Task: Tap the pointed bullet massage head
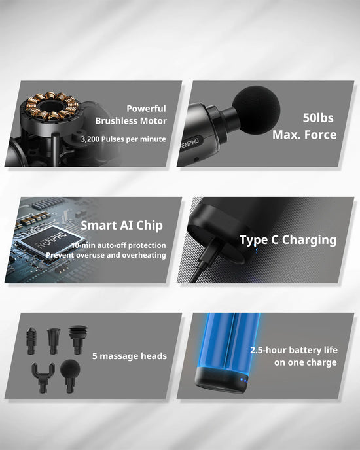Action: [31, 338]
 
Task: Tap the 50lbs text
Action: [319, 118]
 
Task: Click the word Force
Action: [321, 135]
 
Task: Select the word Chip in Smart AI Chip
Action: [147, 226]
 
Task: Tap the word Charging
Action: [309, 240]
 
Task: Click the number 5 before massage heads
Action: [96, 356]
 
